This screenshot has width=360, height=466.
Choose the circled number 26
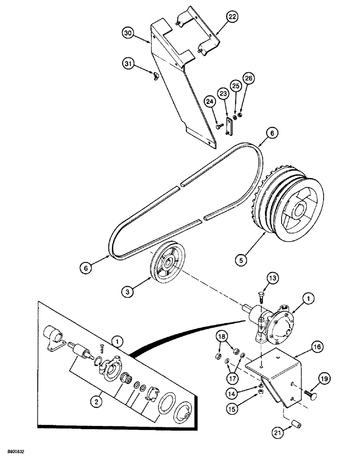pyautogui.click(x=249, y=79)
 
